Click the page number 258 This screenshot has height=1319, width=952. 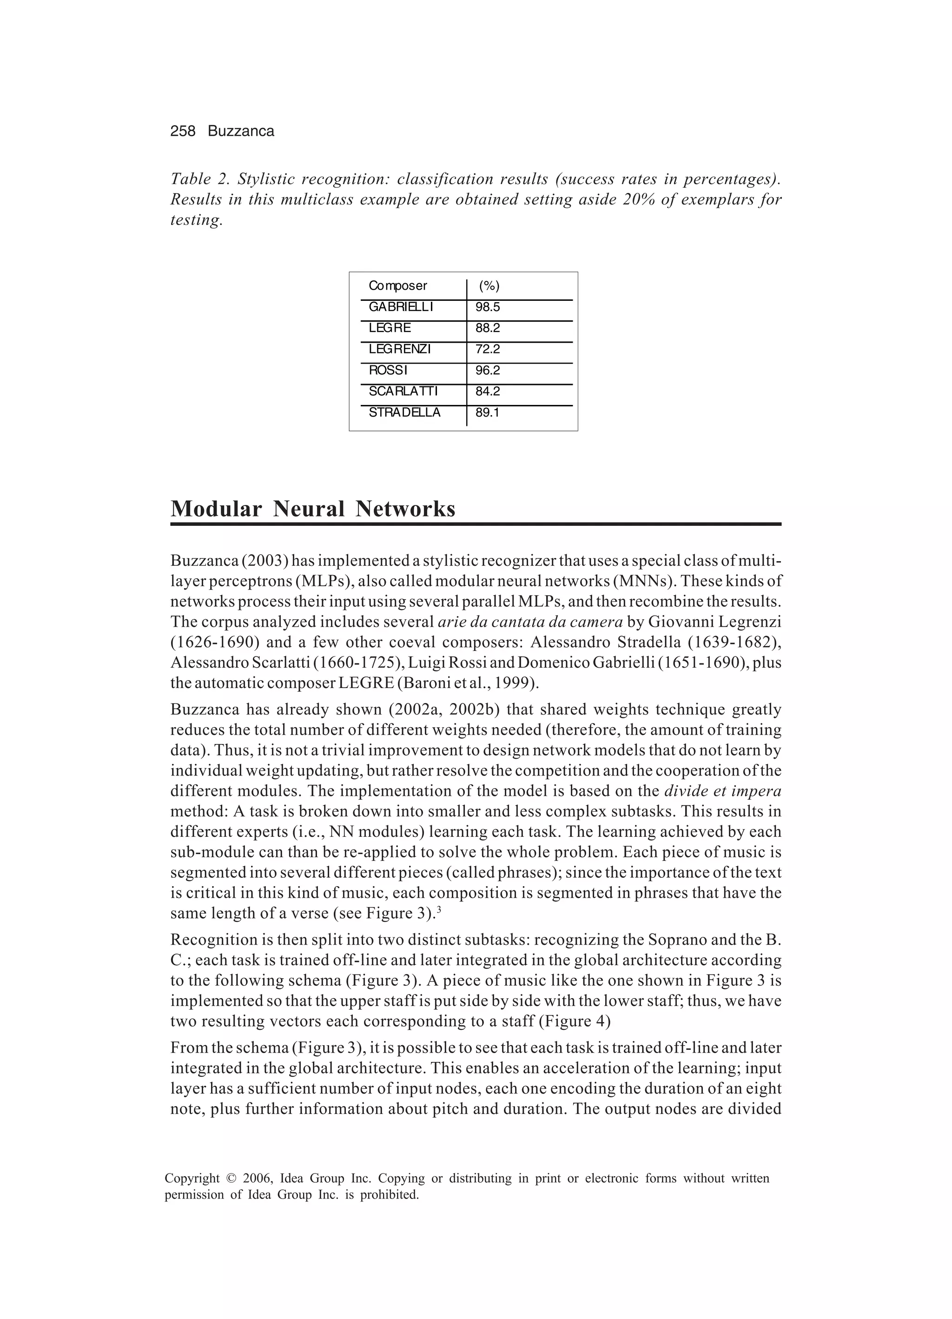(x=183, y=132)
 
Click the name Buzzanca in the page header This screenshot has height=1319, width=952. (x=241, y=132)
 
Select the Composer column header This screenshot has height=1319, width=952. (x=398, y=285)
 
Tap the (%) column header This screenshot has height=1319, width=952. (x=489, y=285)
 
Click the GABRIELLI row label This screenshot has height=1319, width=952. (x=401, y=306)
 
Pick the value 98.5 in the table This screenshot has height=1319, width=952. (x=487, y=306)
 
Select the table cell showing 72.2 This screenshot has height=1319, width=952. (x=487, y=349)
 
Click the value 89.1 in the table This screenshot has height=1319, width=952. (x=487, y=412)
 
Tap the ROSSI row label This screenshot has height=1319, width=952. (x=388, y=370)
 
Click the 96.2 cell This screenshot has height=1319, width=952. (x=487, y=370)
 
